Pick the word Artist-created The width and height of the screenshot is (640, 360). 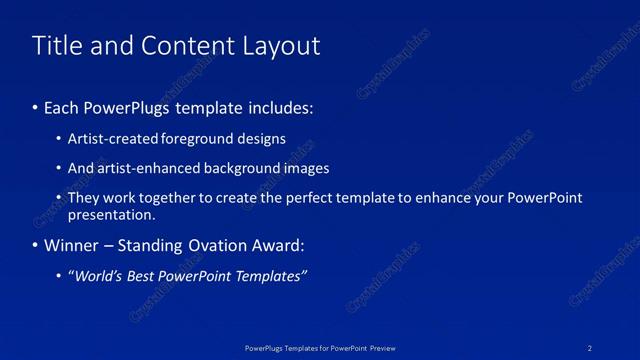tap(109, 139)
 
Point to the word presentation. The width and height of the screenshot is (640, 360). tap(111, 214)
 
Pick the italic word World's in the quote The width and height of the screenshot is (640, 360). tap(95, 276)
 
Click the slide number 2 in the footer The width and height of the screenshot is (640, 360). tap(591, 347)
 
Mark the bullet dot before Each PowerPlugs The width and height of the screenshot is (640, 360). tap(35, 107)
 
